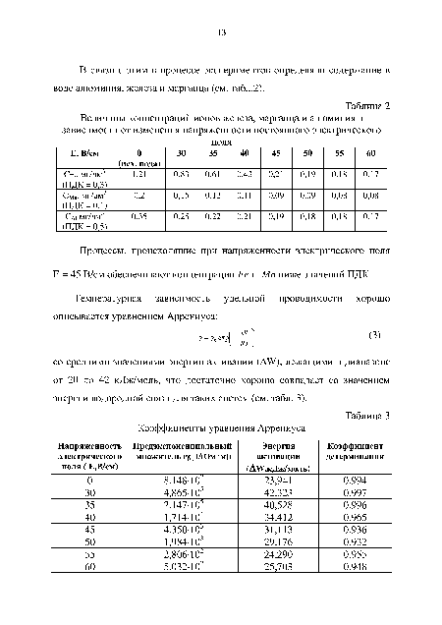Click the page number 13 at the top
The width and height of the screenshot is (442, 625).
(222, 32)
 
